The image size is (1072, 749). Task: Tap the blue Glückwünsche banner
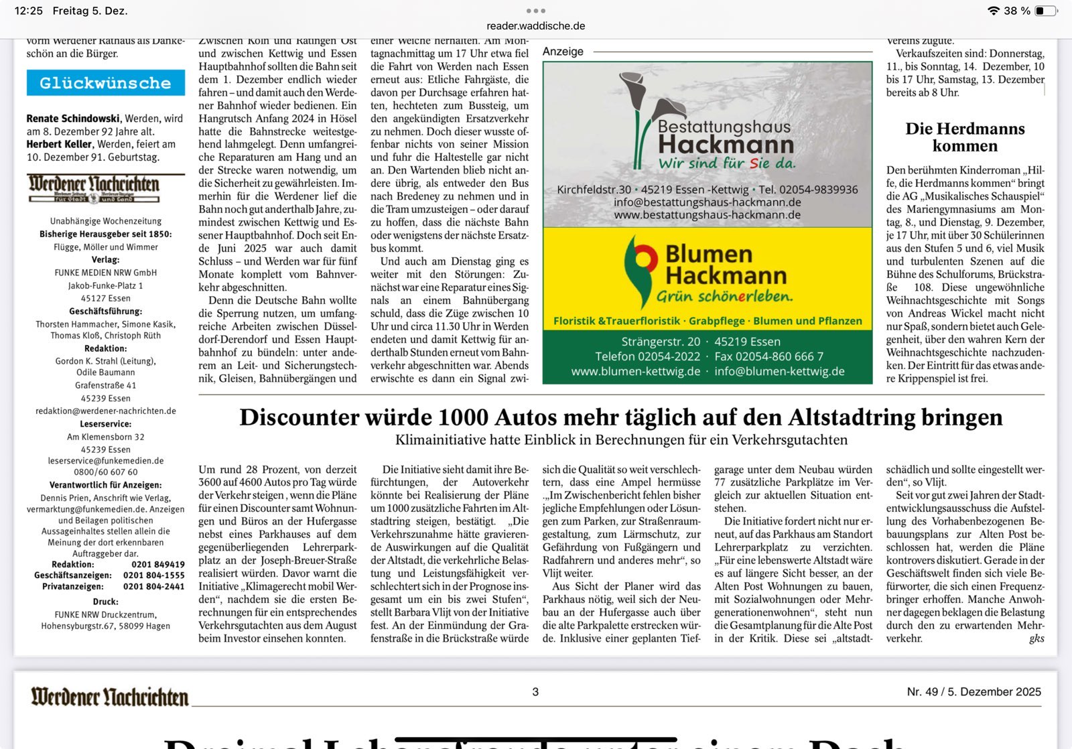coord(106,83)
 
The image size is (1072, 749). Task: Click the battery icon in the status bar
coord(1045,11)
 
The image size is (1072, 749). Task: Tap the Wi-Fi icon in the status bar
coord(993,11)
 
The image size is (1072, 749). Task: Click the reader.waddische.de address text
coord(535,26)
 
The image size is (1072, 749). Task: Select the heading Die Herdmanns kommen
coord(965,137)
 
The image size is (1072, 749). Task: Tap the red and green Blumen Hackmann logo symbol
coord(640,268)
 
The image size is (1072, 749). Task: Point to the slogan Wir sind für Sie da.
coord(727,163)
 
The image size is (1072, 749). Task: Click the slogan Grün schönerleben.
coord(724,297)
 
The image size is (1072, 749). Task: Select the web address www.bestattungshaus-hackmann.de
coord(707,215)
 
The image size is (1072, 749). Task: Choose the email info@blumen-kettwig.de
coord(779,371)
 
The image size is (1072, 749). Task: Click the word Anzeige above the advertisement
coord(563,52)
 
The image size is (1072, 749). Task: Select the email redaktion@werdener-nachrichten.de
coord(106,411)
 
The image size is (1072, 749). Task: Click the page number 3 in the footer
coord(535,692)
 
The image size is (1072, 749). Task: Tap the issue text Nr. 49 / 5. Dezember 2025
coord(974,692)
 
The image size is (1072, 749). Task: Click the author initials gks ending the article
coord(1036,638)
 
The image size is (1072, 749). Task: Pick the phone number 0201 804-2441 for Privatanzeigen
coord(153,586)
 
